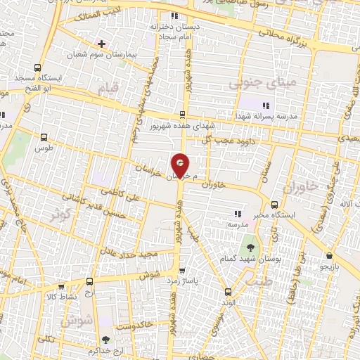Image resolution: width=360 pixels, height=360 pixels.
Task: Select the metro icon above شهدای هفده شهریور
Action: (182, 115)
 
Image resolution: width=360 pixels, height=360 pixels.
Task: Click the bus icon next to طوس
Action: (45, 139)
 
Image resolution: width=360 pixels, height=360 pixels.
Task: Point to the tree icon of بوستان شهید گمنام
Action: (250, 247)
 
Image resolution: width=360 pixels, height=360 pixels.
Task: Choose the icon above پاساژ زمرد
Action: (183, 269)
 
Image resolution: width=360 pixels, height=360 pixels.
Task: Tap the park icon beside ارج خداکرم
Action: (105, 340)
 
